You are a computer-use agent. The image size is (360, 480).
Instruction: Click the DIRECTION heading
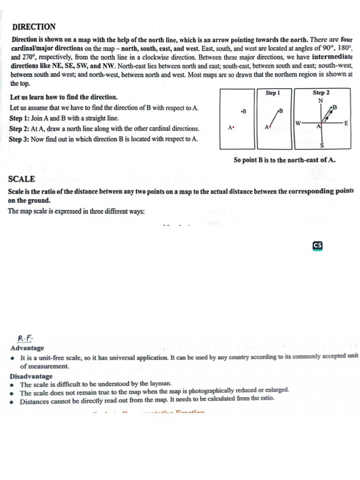pos(34,27)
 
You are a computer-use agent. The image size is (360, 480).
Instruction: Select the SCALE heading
pos(22,179)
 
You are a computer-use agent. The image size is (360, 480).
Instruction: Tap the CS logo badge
pos(317,246)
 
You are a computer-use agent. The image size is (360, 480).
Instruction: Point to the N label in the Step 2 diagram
pos(321,100)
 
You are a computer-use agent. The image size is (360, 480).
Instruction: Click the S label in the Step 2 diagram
pos(322,146)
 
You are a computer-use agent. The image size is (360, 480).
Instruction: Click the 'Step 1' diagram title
pos(273,93)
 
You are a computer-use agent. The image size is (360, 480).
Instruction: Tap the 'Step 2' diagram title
pos(321,93)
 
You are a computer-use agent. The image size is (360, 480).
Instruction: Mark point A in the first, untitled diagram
pos(231,127)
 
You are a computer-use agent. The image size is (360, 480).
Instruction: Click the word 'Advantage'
pos(27,348)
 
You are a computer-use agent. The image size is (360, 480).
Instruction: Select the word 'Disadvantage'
pos(31,376)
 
